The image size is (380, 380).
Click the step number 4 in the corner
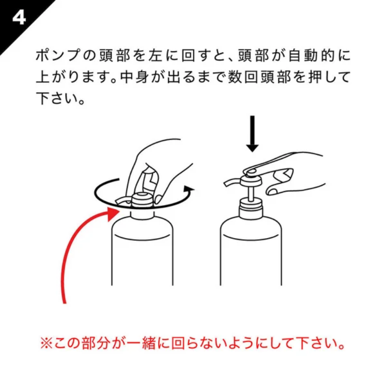[19, 17]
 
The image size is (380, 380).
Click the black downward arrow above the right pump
[252, 134]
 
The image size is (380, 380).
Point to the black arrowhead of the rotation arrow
[189, 190]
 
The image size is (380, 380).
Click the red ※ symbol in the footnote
[46, 343]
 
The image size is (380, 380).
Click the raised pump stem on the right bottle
[251, 193]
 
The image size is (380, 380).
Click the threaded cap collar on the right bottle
[251, 207]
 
